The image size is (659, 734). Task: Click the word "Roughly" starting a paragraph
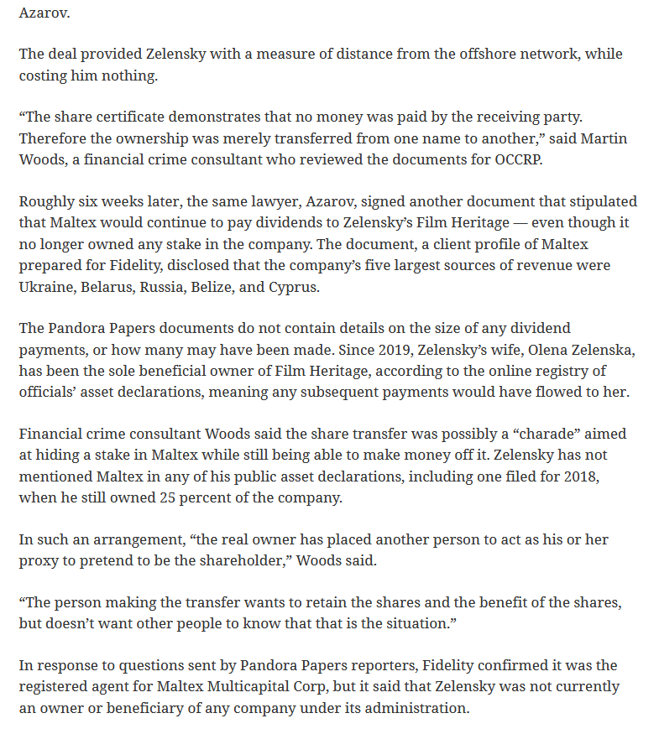tap(46, 201)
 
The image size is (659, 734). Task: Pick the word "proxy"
tap(39, 560)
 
